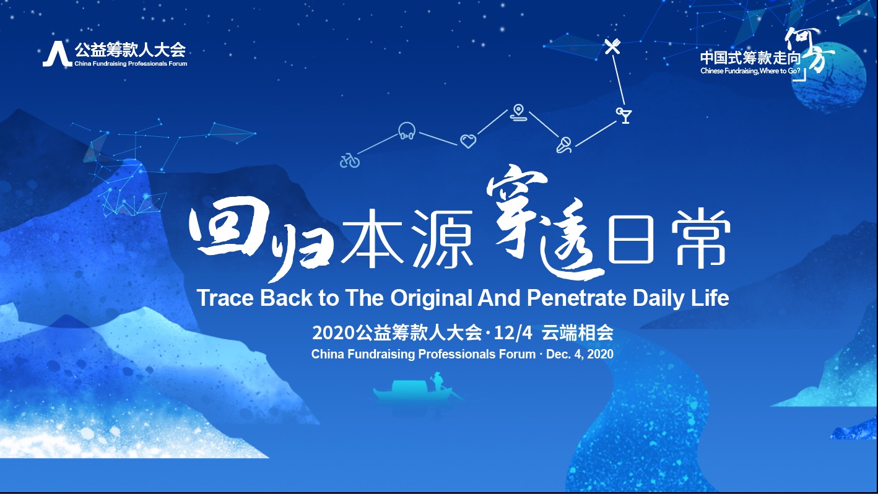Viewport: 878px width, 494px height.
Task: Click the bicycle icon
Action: (x=350, y=160)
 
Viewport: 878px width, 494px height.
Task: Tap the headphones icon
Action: (x=407, y=131)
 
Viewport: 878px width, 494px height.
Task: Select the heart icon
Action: (x=468, y=141)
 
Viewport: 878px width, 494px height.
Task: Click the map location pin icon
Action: (x=519, y=113)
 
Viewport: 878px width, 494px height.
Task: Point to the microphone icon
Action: (x=564, y=145)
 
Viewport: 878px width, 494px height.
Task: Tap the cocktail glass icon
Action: (x=624, y=115)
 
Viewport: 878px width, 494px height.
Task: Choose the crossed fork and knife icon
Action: (x=612, y=46)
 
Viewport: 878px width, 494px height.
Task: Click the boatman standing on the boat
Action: (x=437, y=381)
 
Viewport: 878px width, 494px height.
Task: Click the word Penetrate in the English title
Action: (x=577, y=298)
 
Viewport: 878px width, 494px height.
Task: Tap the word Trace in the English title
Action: (x=225, y=298)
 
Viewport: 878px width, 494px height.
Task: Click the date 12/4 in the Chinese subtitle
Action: (x=513, y=333)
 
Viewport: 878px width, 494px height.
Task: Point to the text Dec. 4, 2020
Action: (x=580, y=354)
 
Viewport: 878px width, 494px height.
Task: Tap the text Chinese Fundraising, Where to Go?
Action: (x=750, y=71)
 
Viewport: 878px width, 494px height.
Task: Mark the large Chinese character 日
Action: (x=631, y=240)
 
